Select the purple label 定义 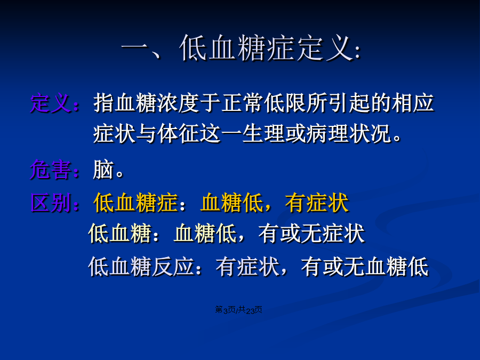(x=51, y=103)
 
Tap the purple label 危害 (x=51, y=169)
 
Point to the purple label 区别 (x=51, y=203)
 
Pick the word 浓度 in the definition (x=178, y=103)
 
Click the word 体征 (x=178, y=134)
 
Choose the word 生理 (x=263, y=134)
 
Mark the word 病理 (x=327, y=134)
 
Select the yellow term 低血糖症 (x=135, y=203)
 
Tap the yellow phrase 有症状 (x=317, y=203)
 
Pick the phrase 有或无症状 (x=311, y=234)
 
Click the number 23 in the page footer (x=251, y=310)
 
